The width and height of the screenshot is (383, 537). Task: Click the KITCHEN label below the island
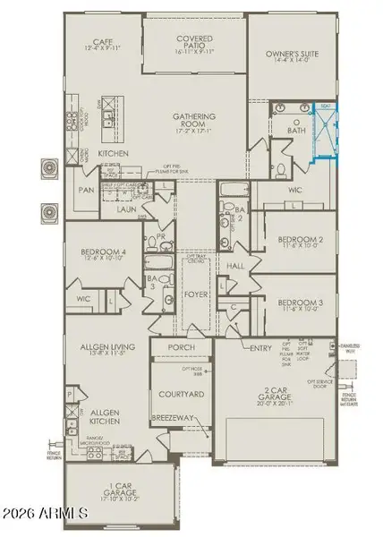tap(114, 154)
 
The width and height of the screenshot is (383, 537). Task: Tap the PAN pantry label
tap(86, 191)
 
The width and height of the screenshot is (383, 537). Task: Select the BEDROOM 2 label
tap(296, 241)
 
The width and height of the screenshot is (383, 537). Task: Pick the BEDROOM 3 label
tap(296, 305)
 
